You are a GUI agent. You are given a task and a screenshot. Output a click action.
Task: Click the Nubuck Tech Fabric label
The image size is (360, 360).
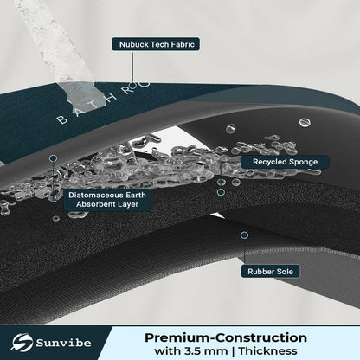pyautogui.click(x=156, y=44)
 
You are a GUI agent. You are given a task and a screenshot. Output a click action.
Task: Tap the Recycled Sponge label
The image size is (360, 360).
pyautogui.click(x=285, y=162)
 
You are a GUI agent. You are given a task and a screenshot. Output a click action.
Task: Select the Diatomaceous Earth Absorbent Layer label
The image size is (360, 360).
pyautogui.click(x=107, y=200)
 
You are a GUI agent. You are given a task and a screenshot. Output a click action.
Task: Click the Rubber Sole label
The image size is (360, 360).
pyautogui.click(x=270, y=272)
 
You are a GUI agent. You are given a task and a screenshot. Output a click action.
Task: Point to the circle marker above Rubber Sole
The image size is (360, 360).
pyautogui.click(x=244, y=235)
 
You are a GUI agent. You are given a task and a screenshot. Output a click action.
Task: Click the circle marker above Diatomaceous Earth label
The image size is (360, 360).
pyautogui.click(x=54, y=158)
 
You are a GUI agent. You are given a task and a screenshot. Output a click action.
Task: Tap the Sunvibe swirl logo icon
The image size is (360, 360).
pyautogui.click(x=22, y=343)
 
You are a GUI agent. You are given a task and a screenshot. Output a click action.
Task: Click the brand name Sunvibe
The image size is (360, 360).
pyautogui.click(x=63, y=343)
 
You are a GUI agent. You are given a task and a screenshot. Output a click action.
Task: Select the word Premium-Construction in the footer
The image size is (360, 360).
pyautogui.click(x=226, y=337)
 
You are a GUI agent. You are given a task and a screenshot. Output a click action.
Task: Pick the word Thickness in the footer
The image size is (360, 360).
pyautogui.click(x=267, y=351)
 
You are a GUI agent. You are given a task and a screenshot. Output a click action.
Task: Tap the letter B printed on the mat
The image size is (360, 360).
pyautogui.click(x=61, y=119)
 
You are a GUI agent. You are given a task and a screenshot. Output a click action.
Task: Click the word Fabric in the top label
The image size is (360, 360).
pyautogui.click(x=183, y=44)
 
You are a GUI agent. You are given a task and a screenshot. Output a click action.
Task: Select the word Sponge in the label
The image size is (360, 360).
pyautogui.click(x=303, y=162)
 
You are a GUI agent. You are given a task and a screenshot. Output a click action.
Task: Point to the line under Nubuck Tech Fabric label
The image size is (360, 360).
pyautogui.click(x=132, y=67)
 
